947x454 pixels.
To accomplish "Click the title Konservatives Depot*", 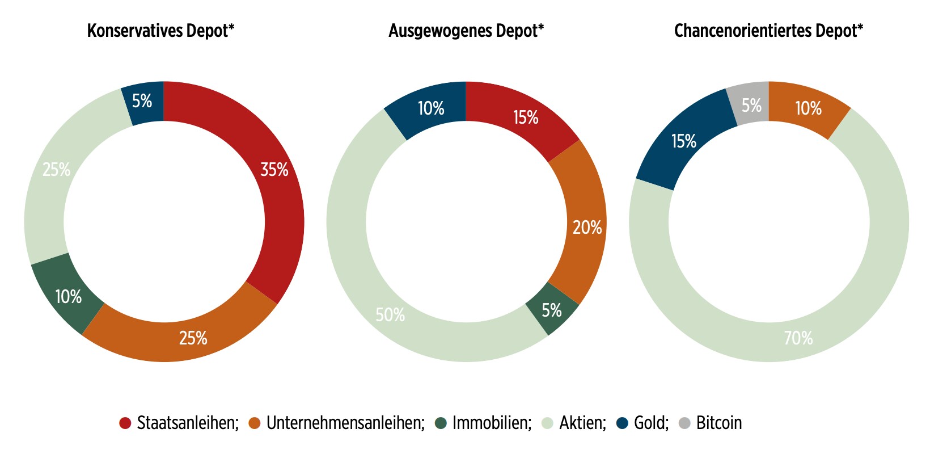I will [x=160, y=31].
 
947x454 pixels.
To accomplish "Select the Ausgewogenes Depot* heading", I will [x=466, y=31].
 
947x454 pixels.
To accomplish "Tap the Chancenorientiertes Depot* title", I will [x=768, y=31].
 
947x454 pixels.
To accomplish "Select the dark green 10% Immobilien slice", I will [x=68, y=297].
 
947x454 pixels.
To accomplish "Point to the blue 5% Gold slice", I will [x=142, y=102].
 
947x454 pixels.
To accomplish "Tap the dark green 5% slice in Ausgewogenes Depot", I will [x=552, y=310].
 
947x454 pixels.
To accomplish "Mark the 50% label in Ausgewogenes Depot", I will [x=390, y=315].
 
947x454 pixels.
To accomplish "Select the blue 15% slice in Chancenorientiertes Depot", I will [x=684, y=141].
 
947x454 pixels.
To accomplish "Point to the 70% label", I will [x=798, y=338].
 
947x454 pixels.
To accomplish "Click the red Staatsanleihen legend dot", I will [x=125, y=423].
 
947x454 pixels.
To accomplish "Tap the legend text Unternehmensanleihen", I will [x=345, y=423].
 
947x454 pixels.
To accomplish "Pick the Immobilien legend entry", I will [x=492, y=423].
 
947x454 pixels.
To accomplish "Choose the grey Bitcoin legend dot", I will [x=684, y=423].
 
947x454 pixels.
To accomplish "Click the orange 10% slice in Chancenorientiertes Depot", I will [x=808, y=108].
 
